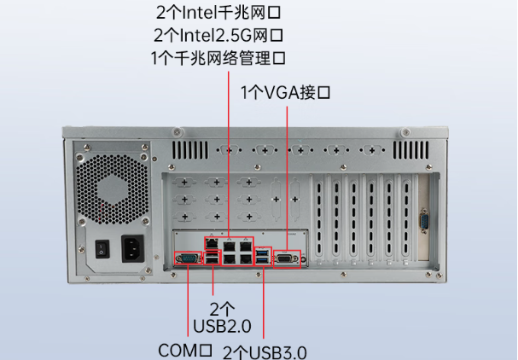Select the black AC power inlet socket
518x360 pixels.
click(x=132, y=248)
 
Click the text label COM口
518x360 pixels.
click(x=185, y=350)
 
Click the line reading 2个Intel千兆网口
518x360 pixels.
click(x=218, y=14)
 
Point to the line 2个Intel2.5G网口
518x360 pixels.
click(x=218, y=36)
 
